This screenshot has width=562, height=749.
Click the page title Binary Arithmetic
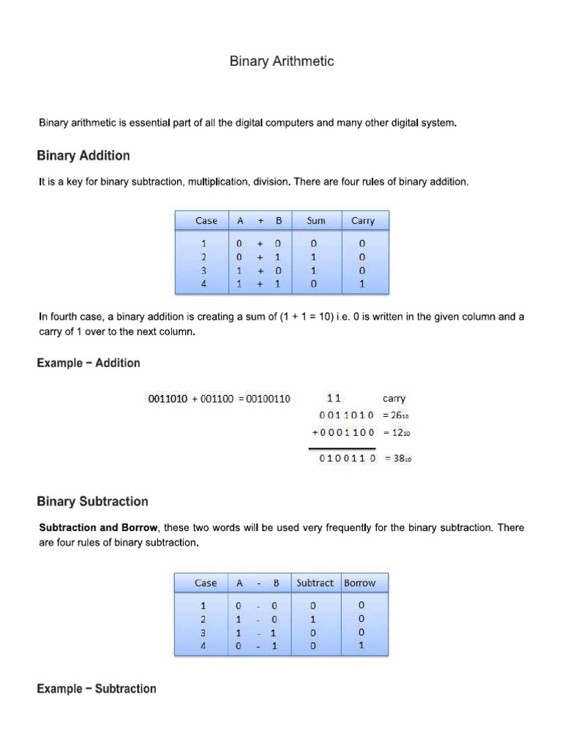[282, 61]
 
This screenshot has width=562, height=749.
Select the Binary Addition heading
[83, 155]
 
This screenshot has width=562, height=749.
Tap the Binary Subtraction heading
[92, 502]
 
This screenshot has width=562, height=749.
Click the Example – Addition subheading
[89, 363]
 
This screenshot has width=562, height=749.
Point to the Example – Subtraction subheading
[97, 688]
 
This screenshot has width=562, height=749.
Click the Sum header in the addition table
[315, 220]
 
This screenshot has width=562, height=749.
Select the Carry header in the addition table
[362, 220]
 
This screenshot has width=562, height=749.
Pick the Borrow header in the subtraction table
[359, 583]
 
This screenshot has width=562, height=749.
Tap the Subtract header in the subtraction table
[315, 583]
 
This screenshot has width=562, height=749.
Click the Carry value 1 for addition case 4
[362, 285]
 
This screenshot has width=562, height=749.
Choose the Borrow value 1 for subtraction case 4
[360, 646]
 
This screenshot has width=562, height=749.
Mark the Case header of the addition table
[206, 220]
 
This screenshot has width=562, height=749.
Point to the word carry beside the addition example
[394, 399]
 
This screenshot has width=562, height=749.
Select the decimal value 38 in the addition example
[400, 459]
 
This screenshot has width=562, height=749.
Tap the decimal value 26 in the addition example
[400, 415]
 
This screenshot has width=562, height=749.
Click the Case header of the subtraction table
[206, 583]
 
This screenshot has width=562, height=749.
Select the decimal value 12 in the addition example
[400, 432]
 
